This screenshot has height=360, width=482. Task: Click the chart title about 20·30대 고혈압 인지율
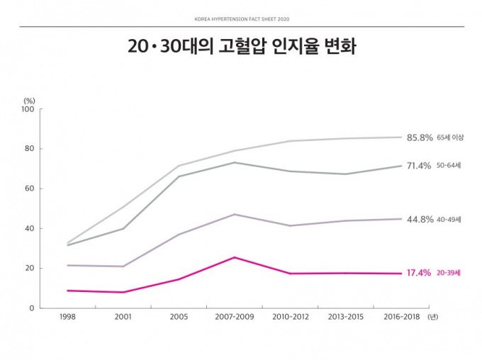click(242, 48)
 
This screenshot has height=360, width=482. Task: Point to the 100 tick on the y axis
click(28, 109)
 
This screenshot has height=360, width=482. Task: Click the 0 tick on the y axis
click(32, 308)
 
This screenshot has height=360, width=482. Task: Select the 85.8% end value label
click(419, 137)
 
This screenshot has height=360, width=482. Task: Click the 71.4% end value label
click(419, 166)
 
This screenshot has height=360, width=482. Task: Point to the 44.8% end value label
click(419, 219)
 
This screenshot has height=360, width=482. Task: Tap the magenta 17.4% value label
click(419, 273)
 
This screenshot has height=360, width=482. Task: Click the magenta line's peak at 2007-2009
click(233, 257)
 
